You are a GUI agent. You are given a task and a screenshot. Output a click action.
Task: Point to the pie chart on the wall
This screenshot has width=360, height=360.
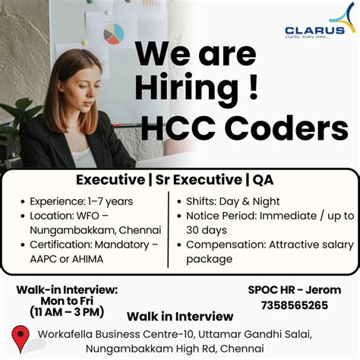click(x=113, y=33)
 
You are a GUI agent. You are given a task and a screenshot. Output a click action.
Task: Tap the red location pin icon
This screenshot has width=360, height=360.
click(x=21, y=339)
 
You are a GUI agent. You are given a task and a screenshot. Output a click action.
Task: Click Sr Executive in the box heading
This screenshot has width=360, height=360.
click(x=201, y=180)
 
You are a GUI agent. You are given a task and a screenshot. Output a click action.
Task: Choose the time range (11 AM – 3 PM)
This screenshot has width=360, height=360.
click(x=67, y=311)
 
